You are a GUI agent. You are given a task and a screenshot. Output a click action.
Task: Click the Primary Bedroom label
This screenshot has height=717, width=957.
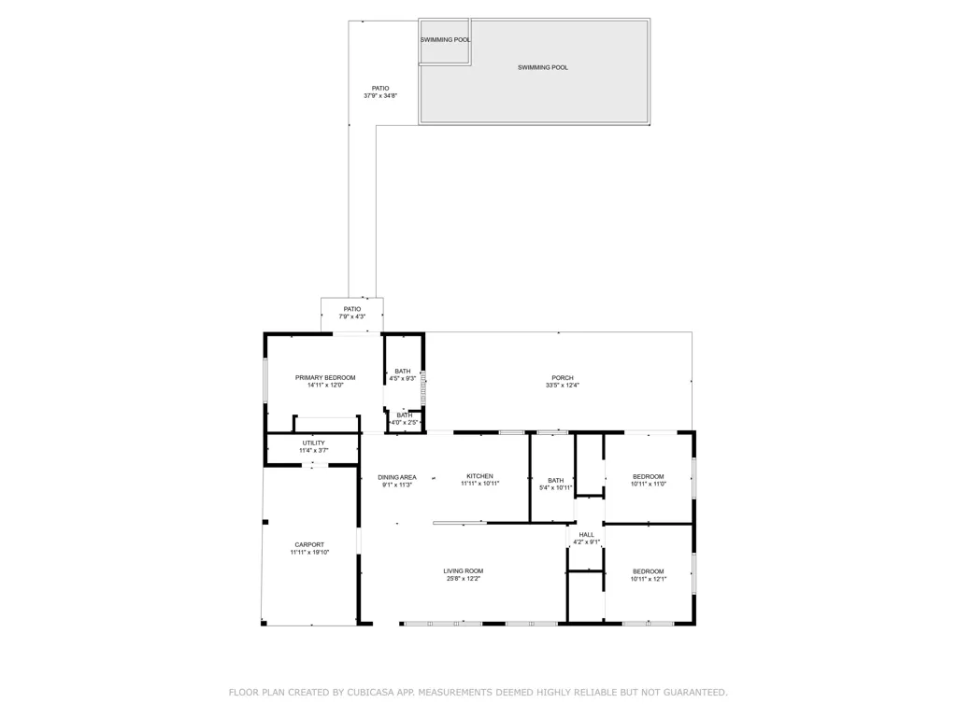(325, 377)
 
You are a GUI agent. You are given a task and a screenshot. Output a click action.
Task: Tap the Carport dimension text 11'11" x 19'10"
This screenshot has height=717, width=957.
(309, 553)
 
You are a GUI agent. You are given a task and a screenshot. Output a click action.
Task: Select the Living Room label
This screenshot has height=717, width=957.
(463, 570)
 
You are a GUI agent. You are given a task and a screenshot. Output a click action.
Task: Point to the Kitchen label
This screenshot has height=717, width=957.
(479, 476)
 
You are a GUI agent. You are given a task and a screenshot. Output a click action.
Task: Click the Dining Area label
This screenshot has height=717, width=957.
(397, 477)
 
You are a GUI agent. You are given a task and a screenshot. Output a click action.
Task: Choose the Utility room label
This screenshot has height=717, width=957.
(313, 443)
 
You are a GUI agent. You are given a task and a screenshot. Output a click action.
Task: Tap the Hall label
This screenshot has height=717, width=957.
(586, 535)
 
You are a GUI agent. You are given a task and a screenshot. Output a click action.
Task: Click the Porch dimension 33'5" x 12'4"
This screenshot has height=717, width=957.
(563, 386)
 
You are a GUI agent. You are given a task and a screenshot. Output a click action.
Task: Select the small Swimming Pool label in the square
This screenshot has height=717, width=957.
(445, 40)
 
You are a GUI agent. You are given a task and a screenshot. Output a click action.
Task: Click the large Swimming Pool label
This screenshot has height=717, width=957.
(543, 67)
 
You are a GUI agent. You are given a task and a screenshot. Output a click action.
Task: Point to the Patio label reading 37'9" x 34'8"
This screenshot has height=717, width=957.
(380, 96)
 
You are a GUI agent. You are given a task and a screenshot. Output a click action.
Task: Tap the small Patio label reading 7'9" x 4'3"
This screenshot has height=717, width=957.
(351, 316)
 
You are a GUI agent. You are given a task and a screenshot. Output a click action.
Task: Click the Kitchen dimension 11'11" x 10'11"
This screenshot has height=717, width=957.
(479, 484)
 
